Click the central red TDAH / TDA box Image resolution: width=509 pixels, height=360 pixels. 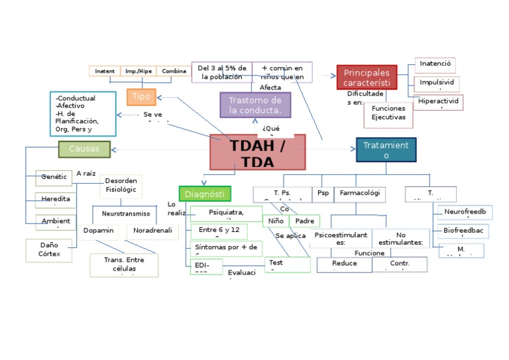tap(258, 152)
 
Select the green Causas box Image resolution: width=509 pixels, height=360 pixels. tap(84, 149)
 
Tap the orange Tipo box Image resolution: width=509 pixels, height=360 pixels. tap(141, 97)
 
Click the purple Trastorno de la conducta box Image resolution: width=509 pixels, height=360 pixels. tap(255, 105)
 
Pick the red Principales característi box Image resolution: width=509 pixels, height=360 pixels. tap(367, 78)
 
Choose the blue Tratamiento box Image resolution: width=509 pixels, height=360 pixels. tap(386, 150)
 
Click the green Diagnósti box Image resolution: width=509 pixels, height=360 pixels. tap(205, 194)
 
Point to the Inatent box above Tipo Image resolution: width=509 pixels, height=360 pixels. tap(105, 71)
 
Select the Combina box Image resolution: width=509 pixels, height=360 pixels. tap(174, 71)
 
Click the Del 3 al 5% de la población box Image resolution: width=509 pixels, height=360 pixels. tap(222, 72)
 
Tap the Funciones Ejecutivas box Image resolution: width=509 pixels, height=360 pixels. tap(388, 113)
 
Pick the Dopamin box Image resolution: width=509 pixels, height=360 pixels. tap(99, 231)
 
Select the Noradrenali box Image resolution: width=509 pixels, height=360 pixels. tap(152, 231)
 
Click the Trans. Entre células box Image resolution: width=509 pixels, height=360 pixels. tap(124, 264)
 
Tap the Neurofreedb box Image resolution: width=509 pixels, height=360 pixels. tap(465, 211)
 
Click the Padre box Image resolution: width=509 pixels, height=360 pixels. tap(305, 221)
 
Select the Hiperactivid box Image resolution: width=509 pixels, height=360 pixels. tap(439, 101)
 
